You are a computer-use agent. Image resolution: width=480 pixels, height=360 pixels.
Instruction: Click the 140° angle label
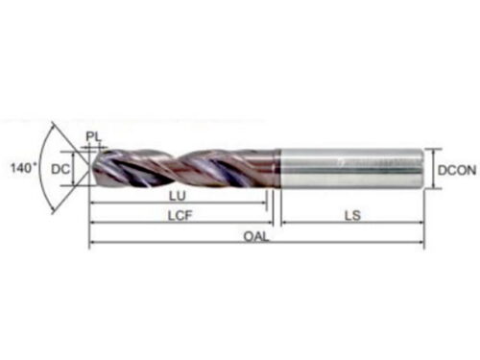(24, 168)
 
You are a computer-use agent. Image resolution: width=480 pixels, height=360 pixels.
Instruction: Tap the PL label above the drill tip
(93, 137)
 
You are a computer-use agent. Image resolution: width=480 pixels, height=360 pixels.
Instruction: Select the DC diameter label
(60, 169)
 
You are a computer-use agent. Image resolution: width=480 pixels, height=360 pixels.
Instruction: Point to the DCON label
(457, 170)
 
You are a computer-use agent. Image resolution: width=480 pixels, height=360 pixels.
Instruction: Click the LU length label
(178, 196)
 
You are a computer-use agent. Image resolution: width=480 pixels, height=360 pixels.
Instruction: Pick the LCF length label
(180, 216)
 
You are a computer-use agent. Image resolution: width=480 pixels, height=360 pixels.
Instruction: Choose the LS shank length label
(352, 216)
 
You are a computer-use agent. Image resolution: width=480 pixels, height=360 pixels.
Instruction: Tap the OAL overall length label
(256, 237)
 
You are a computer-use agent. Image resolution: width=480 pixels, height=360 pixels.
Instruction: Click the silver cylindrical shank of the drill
(350, 169)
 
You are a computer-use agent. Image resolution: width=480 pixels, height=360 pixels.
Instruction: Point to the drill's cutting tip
(92, 168)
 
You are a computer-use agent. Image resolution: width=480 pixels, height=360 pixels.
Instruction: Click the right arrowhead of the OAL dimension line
(420, 242)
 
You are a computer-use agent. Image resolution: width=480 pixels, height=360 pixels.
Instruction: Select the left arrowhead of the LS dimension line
(285, 223)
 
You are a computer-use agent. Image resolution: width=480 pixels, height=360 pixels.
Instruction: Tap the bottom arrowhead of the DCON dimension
(433, 185)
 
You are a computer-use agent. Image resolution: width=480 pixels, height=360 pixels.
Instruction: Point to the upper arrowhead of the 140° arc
(53, 125)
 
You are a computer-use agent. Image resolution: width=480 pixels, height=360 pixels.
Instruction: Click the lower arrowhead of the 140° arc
(54, 211)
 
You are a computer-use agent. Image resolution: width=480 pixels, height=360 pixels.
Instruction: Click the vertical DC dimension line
(74, 168)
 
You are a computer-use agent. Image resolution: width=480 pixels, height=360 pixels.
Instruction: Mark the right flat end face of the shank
(424, 169)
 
